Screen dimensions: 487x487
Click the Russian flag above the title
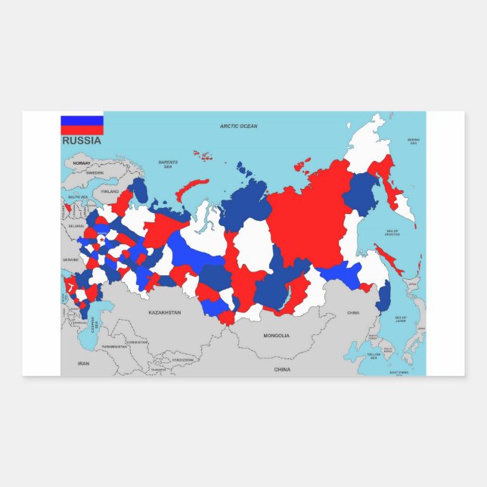(x=82, y=124)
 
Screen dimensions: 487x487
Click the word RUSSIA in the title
(x=82, y=140)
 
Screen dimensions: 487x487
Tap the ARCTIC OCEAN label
(x=238, y=126)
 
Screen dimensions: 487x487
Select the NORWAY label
(x=82, y=163)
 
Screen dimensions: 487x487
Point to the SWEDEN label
(x=95, y=172)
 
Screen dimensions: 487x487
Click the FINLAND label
(x=110, y=191)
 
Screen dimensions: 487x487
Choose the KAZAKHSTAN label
(x=165, y=312)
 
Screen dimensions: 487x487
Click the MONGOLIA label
(x=276, y=335)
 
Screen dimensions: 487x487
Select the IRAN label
(x=83, y=363)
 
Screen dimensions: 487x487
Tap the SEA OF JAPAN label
(x=400, y=319)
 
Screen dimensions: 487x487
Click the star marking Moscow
(x=102, y=240)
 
